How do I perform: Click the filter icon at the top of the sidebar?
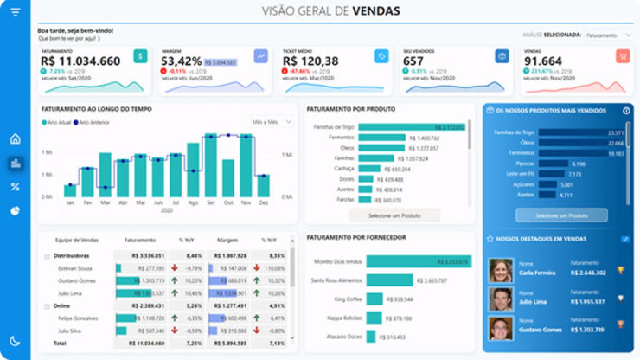point(15,12)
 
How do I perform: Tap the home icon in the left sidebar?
point(15,138)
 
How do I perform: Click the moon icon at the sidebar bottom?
point(15,342)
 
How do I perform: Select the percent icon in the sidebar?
point(15,187)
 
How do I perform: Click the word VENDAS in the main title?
point(377,11)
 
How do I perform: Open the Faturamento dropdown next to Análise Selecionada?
point(609,35)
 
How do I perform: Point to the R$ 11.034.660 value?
point(80,61)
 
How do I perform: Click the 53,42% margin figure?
point(182,61)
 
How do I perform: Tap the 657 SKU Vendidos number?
point(414,61)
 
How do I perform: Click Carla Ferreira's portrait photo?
point(501,270)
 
